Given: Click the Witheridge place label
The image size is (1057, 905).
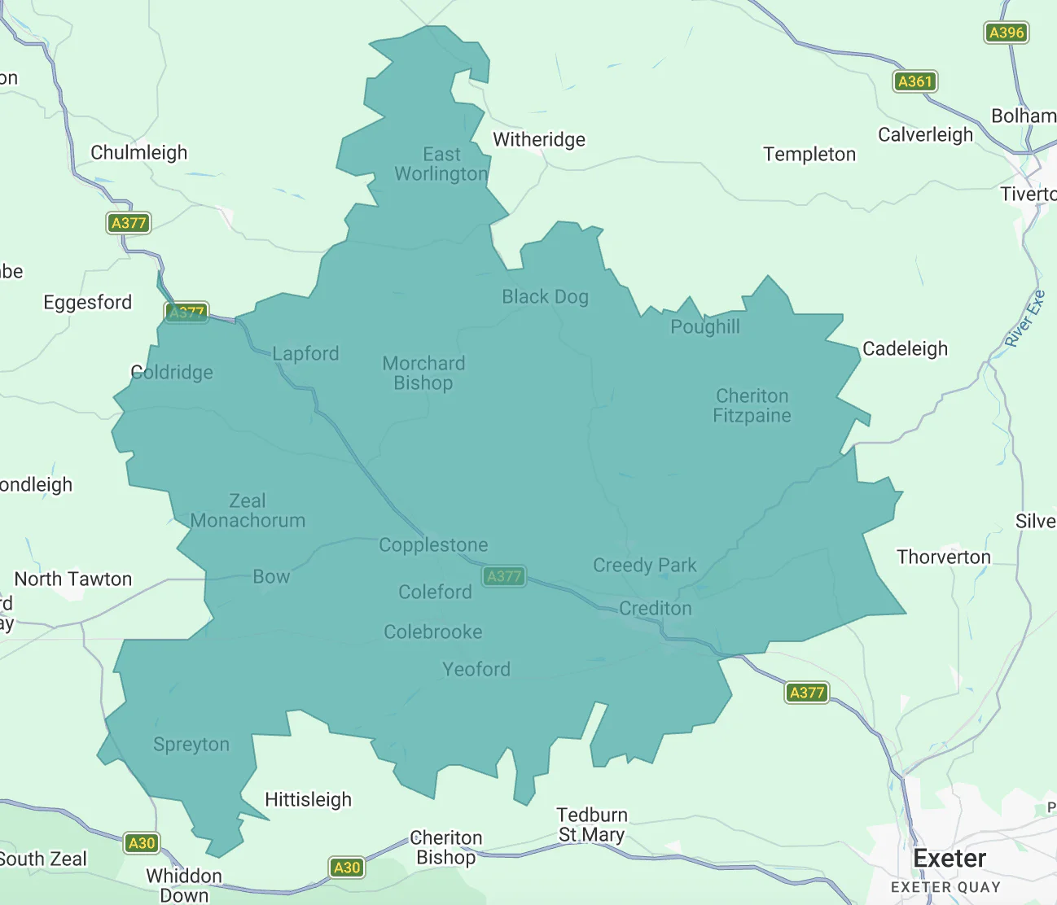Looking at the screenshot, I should [x=539, y=140].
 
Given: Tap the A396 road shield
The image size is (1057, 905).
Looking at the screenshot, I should [x=1006, y=33].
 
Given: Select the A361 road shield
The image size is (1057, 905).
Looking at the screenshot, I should [x=914, y=81].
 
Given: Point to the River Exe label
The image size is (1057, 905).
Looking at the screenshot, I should [x=1024, y=318].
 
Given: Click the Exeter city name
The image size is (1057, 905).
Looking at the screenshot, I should [x=950, y=859].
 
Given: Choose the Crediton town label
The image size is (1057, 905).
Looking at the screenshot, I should [x=655, y=609].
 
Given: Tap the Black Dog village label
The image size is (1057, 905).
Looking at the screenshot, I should [x=545, y=297].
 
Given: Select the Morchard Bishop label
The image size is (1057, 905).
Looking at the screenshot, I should [x=423, y=374].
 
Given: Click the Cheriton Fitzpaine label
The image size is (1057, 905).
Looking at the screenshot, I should [x=752, y=406].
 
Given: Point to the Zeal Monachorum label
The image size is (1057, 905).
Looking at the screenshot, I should [x=248, y=511].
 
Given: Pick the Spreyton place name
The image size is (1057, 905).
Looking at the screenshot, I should [x=191, y=745].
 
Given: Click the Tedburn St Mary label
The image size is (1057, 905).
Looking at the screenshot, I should [x=592, y=824].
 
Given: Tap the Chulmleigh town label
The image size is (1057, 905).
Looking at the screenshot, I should [x=138, y=153].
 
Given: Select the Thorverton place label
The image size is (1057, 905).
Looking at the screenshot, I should [x=944, y=557].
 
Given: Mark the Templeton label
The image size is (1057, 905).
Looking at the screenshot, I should [x=809, y=155].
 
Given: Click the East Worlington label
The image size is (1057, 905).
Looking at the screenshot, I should [x=441, y=164].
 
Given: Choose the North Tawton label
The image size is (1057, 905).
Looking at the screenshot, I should [x=73, y=579].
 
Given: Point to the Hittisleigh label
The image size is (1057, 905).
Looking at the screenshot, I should [x=308, y=800].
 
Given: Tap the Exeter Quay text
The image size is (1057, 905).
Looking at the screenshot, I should [x=945, y=887].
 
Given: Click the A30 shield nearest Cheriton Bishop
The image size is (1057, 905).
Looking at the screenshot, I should [x=347, y=868].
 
